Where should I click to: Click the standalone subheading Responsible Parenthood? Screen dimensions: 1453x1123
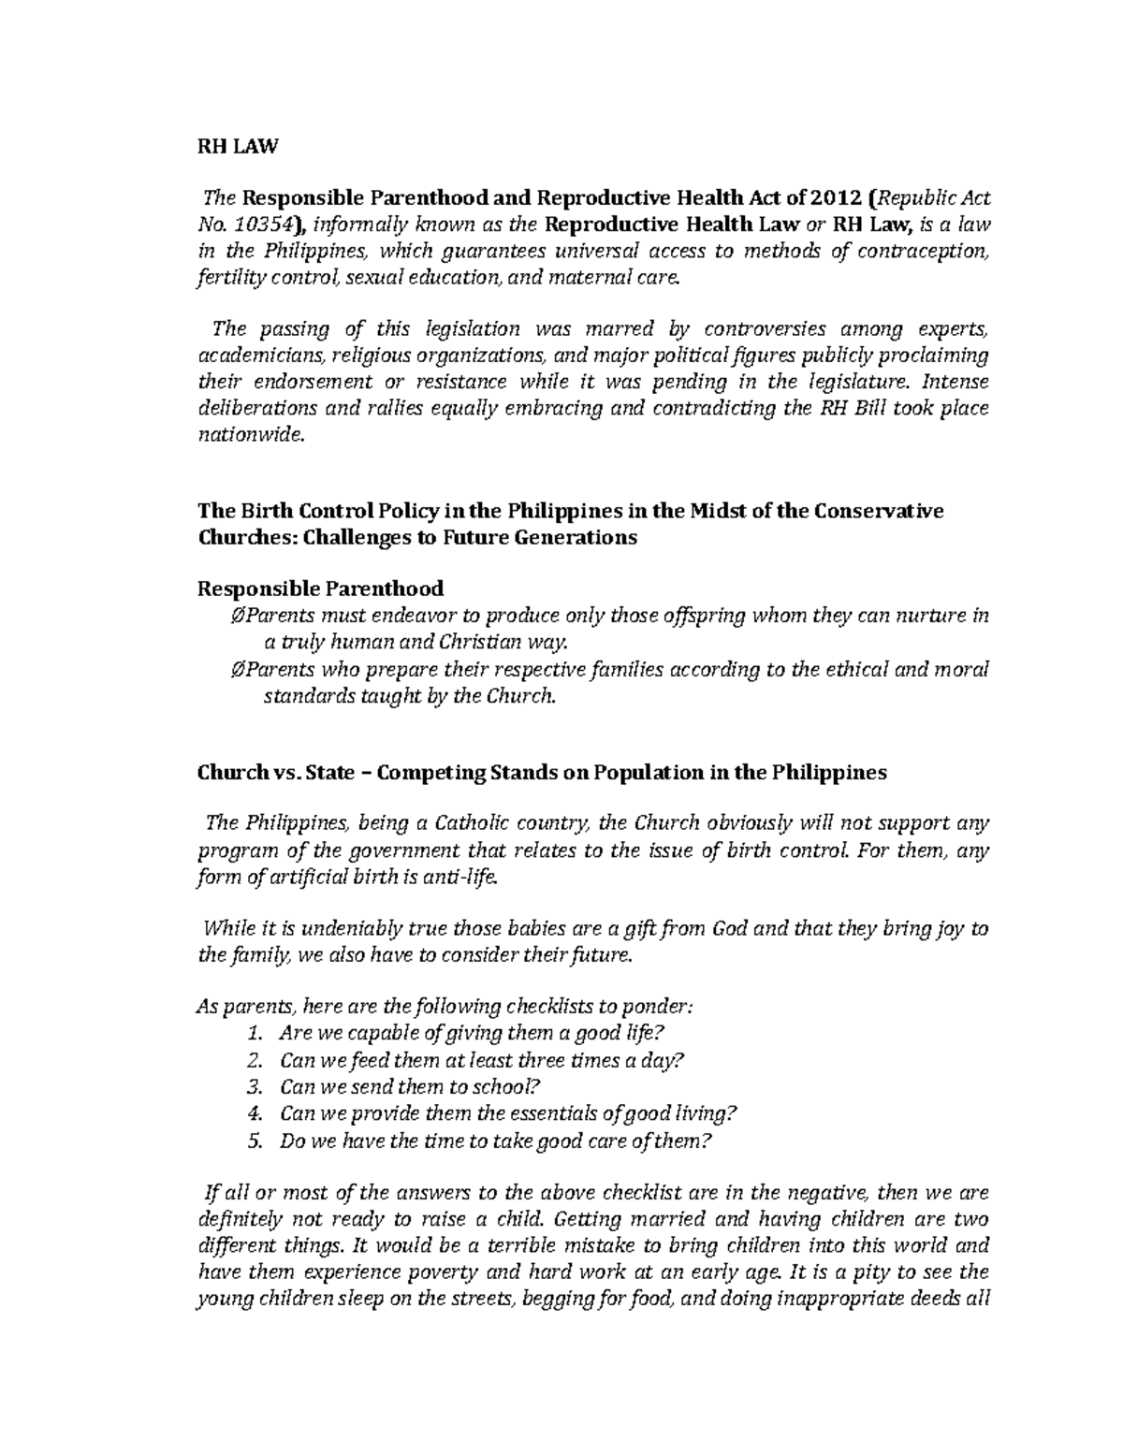point(320,588)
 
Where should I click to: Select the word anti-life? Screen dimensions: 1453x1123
point(468,878)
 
